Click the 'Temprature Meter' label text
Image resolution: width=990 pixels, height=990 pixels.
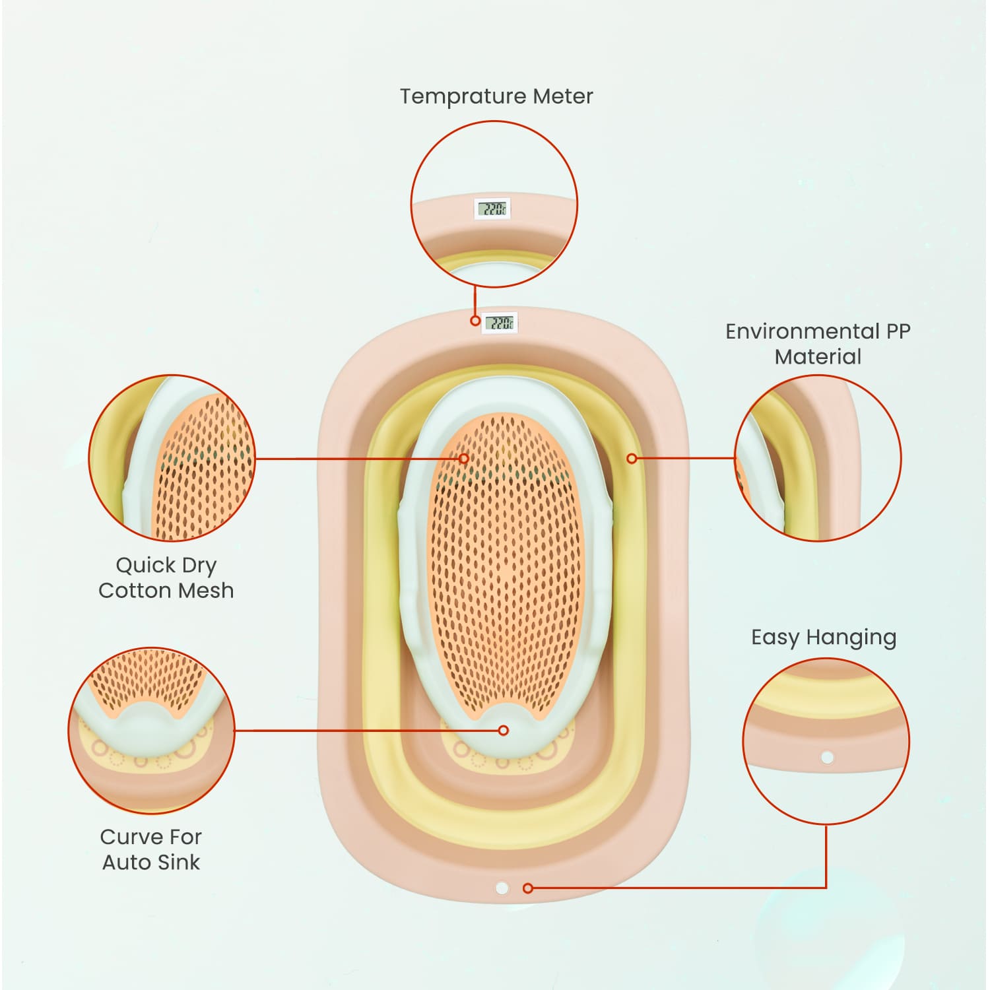496,96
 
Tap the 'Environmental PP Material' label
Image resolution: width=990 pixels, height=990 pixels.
818,343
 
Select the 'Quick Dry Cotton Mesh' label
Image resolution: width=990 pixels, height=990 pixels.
166,577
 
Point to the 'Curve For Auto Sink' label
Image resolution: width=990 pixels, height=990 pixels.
151,849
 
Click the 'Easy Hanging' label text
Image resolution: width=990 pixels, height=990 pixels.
824,638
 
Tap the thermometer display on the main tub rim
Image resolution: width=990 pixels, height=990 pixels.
499,323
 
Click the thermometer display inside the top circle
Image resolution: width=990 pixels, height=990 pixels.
493,210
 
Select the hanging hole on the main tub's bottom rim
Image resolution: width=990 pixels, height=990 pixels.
502,888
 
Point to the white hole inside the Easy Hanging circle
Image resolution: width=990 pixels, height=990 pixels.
827,758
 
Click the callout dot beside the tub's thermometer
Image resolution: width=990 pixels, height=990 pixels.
475,321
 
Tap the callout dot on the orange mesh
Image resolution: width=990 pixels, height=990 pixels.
464,458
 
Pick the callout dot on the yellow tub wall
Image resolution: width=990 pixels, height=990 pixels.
632,458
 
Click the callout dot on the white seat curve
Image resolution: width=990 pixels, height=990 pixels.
504,730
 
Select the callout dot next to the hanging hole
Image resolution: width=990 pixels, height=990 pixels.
527,888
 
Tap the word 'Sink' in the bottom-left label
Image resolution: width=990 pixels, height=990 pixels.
178,863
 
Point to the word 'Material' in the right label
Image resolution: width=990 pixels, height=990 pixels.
818,357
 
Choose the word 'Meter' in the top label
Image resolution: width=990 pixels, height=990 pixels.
563,96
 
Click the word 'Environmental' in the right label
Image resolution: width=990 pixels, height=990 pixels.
802,331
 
